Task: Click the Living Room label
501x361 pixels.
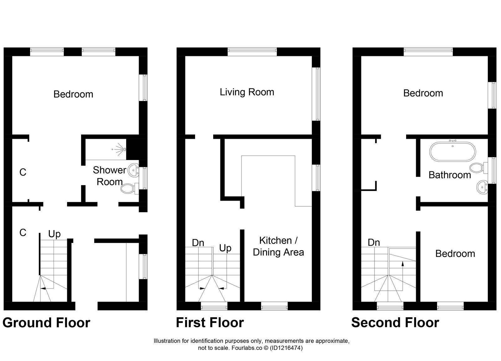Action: coord(247,92)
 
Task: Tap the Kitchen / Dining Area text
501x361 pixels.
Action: coord(278,246)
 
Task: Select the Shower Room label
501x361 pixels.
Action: coord(109,176)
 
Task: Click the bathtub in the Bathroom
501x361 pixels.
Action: coord(452,152)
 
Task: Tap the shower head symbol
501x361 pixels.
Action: coord(120,149)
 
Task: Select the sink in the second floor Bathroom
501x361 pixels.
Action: coord(482,188)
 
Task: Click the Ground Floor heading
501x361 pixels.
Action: coord(46,323)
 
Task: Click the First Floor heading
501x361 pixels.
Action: coord(210,323)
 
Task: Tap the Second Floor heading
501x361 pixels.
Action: coord(395,323)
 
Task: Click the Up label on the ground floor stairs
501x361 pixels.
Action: coord(54,234)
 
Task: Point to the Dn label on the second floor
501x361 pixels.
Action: coord(374,243)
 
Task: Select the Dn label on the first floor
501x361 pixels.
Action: coord(198,243)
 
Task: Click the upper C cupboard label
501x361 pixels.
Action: coord(23,172)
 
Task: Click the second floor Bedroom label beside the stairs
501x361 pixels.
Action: coord(455,253)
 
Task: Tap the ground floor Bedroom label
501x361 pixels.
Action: coord(73,94)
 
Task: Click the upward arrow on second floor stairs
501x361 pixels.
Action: coord(403,264)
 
